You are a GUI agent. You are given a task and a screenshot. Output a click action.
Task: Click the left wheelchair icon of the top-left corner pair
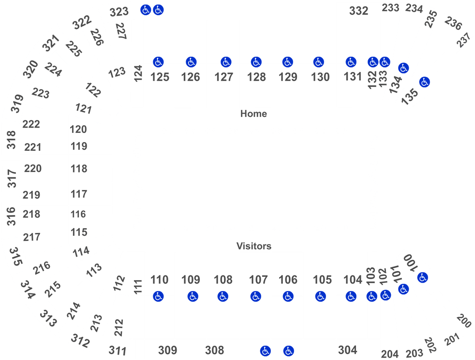pos(146,9)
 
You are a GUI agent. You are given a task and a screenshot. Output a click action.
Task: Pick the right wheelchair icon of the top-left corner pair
pos(159,9)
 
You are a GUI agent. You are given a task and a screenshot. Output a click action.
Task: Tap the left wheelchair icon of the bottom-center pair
pos(265,351)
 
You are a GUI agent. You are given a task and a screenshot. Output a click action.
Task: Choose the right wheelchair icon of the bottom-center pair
pos(289,351)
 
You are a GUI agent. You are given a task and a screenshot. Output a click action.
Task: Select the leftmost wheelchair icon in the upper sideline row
pos(158,62)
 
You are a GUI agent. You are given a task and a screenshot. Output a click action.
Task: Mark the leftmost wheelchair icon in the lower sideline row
pos(158,296)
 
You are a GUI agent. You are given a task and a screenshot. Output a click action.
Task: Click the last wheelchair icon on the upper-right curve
pos(425,82)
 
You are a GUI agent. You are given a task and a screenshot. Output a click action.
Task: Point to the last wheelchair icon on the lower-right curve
pos(422,277)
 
